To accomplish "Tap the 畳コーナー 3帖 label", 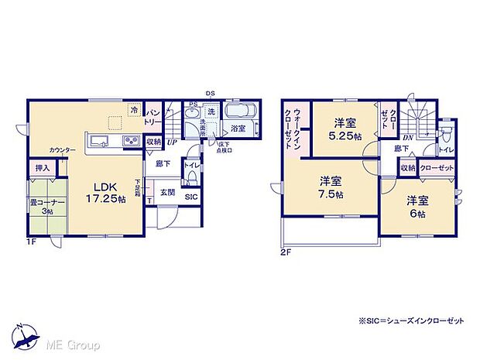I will (47, 205).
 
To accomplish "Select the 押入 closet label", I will (42, 168).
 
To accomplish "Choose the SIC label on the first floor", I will (190, 197).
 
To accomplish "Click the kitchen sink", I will (100, 141).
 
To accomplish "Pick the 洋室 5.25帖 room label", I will (345, 129).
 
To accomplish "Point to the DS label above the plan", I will (211, 93).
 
